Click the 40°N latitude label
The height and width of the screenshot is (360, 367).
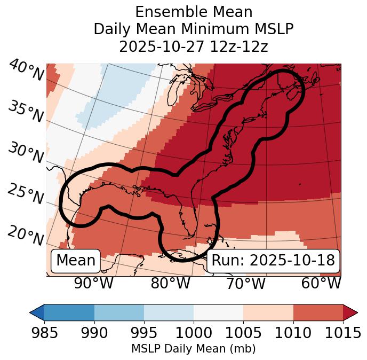point(26,71)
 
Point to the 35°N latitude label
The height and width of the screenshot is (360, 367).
point(26,111)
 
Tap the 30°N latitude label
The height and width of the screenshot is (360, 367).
point(26,153)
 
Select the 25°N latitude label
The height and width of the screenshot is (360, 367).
point(26,194)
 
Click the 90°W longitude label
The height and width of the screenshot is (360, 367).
point(94,283)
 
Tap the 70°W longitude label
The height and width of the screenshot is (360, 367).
point(246,283)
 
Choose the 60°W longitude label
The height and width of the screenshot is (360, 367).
point(321,283)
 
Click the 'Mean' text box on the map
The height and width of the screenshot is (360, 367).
point(76,261)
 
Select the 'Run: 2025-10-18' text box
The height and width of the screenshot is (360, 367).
point(273,261)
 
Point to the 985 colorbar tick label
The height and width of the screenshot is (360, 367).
point(44,333)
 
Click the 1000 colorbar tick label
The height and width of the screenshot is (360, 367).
point(194,333)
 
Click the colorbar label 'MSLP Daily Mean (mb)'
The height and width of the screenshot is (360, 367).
point(193,349)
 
